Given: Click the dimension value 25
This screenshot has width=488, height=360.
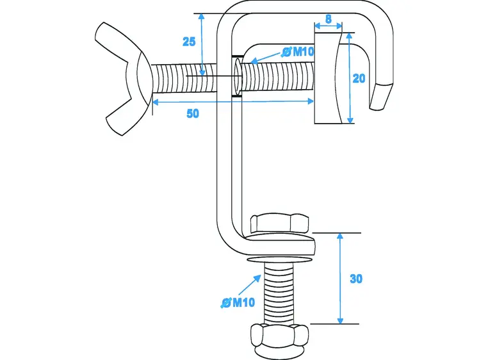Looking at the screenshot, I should point(189,42).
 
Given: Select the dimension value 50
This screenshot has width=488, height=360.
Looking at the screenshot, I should point(192,113).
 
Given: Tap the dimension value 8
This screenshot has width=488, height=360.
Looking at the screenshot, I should point(329,19).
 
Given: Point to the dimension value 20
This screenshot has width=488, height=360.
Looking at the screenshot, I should point(359,78).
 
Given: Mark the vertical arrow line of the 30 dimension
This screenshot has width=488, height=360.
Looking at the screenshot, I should point(340,279).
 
